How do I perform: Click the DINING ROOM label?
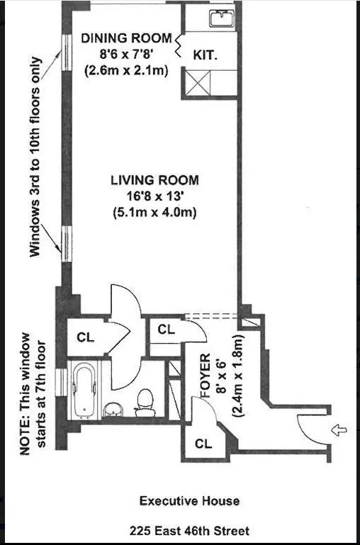click(125, 38)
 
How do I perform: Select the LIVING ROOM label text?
click(154, 180)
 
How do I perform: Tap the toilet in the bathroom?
click(146, 400)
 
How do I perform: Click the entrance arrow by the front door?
click(339, 429)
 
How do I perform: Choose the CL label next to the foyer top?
click(167, 330)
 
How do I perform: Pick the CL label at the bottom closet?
click(203, 445)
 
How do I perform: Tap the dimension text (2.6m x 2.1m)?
click(125, 69)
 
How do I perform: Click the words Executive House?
click(189, 501)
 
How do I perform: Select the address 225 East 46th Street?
click(189, 530)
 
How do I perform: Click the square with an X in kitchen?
click(200, 83)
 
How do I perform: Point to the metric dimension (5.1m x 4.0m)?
click(154, 212)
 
